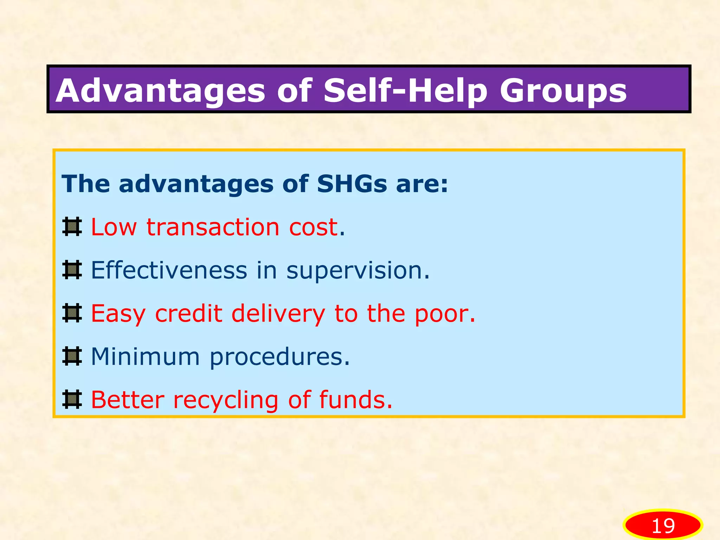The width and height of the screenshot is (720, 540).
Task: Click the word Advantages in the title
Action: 160,91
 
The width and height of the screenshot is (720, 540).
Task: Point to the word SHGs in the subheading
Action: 352,184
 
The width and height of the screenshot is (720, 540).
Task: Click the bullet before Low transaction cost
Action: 72,227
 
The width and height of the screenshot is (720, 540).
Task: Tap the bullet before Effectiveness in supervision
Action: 72,270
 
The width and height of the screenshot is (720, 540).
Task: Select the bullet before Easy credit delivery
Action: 72,313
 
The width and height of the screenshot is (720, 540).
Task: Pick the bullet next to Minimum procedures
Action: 72,356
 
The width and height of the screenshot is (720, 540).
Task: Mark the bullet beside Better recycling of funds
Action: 72,400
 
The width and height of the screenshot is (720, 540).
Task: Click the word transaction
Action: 213,227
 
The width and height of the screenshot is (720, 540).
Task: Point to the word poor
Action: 444,314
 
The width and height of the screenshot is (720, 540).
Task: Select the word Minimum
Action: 145,356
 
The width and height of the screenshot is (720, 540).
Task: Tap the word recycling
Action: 226,401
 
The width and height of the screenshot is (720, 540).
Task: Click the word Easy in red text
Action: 118,314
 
